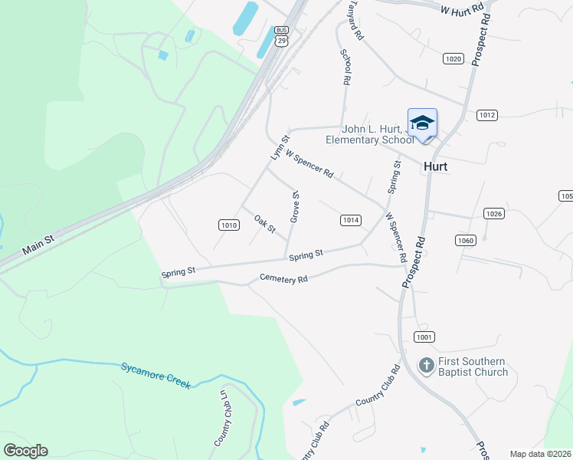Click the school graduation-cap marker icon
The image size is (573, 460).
click(x=422, y=123)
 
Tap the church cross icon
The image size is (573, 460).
click(x=427, y=366)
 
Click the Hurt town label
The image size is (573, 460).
click(x=436, y=166)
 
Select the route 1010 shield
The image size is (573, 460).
click(x=228, y=225)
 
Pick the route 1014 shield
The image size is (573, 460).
click(x=350, y=220)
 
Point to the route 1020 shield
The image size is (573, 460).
click(x=453, y=58)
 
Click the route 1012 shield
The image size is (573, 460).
click(x=487, y=115)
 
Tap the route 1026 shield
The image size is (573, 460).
click(x=494, y=213)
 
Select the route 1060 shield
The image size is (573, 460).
click(x=465, y=240)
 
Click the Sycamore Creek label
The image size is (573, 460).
click(x=155, y=375)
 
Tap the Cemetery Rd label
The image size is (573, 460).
click(x=283, y=279)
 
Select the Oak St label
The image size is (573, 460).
click(x=264, y=224)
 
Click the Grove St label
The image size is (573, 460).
click(x=294, y=207)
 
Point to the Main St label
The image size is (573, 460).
click(x=38, y=245)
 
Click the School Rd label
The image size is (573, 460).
click(x=346, y=67)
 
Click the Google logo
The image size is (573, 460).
click(x=26, y=451)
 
